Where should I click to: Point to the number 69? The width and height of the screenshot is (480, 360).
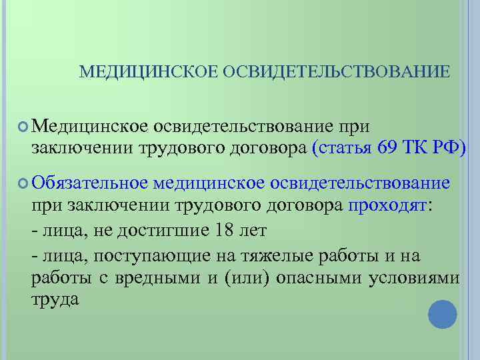coord(390,147)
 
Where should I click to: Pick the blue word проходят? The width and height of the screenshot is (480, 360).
coord(387,204)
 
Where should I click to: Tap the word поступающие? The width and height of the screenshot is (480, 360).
coord(147,257)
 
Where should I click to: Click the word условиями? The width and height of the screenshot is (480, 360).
coord(414,278)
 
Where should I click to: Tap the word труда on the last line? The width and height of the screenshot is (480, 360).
coord(55,300)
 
